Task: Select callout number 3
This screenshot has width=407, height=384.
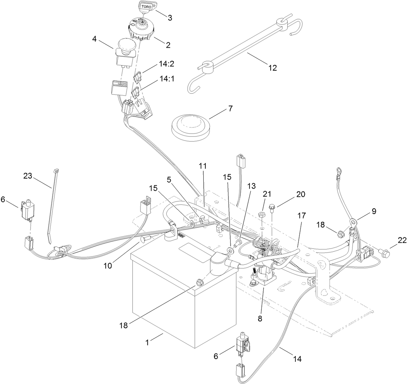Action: coord(170,17)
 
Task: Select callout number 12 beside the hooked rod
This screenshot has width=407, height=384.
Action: coord(273,67)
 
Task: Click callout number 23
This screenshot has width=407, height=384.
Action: coord(28,176)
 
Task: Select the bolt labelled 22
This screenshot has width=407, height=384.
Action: coord(384,253)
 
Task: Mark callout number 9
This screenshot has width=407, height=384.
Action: coord(374,211)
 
